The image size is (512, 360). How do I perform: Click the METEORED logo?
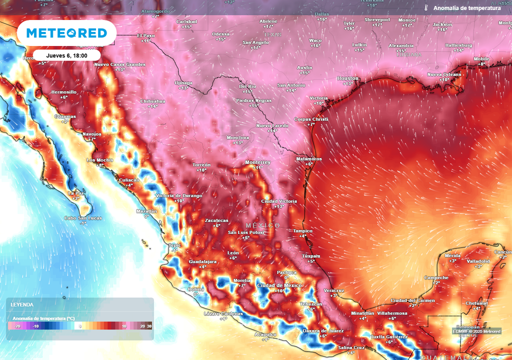(66, 33)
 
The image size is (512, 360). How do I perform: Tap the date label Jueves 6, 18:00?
(66, 55)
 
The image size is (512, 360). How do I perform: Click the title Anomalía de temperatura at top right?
(466, 8)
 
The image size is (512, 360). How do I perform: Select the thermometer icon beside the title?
(426, 8)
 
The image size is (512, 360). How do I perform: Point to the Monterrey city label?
(257, 162)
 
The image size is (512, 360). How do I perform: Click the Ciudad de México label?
(279, 285)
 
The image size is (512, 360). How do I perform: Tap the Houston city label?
(348, 78)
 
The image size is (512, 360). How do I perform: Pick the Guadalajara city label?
(202, 262)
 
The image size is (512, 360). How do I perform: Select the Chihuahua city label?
(152, 101)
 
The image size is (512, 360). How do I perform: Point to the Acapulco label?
(265, 334)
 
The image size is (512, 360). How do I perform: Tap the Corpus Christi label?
(310, 119)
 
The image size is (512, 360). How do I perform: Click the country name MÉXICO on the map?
(263, 226)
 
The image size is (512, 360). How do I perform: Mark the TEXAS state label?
(272, 34)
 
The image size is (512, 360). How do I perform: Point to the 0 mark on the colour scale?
(80, 326)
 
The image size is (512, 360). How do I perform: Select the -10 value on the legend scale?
(36, 326)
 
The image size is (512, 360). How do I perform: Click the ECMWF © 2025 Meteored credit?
(476, 331)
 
